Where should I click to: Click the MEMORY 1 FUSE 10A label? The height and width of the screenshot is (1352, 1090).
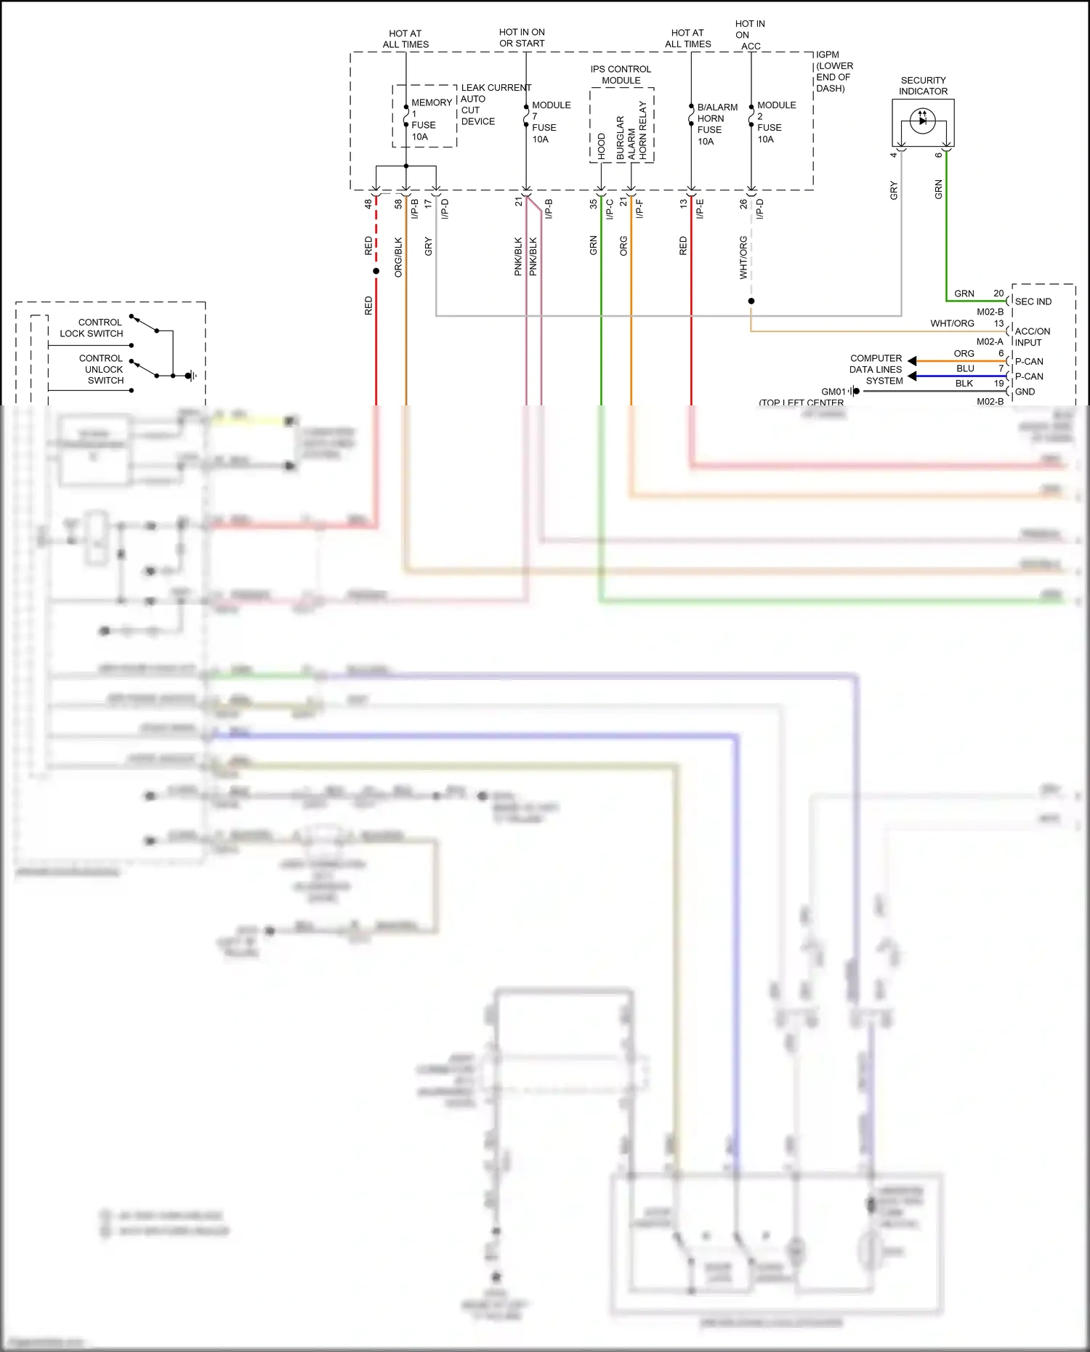pyautogui.click(x=429, y=120)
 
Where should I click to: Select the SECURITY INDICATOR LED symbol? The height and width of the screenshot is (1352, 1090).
pyautogui.click(x=922, y=121)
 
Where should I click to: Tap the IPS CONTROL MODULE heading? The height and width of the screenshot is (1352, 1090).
pyautogui.click(x=621, y=75)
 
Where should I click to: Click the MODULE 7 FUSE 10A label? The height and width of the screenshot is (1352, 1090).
pyautogui.click(x=550, y=122)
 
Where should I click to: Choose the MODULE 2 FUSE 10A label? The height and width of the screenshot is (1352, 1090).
pyautogui.click(x=775, y=122)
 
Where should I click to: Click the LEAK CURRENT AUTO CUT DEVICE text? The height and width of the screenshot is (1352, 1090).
pyautogui.click(x=494, y=105)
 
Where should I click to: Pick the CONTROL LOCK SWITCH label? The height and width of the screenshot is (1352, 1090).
pyautogui.click(x=92, y=328)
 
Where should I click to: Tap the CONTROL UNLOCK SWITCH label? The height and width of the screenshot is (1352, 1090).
pyautogui.click(x=102, y=369)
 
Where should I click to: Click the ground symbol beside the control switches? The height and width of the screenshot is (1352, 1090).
pyautogui.click(x=190, y=376)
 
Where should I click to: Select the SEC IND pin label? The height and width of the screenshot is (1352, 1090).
pyautogui.click(x=1033, y=301)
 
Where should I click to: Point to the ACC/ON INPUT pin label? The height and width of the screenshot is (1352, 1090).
pyautogui.click(x=1031, y=336)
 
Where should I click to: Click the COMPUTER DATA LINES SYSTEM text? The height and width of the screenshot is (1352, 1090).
pyautogui.click(x=876, y=369)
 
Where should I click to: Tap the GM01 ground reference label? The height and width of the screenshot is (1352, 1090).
pyautogui.click(x=833, y=392)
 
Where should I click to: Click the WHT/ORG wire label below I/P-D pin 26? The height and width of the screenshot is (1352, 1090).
pyautogui.click(x=743, y=257)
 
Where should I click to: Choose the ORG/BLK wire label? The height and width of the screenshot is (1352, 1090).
pyautogui.click(x=398, y=256)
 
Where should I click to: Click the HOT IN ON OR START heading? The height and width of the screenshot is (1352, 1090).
pyautogui.click(x=522, y=38)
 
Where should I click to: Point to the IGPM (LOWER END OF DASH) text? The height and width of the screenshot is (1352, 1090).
pyautogui.click(x=833, y=71)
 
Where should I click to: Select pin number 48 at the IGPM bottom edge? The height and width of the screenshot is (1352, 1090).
pyautogui.click(x=368, y=204)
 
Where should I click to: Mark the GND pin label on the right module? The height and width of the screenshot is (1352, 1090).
pyautogui.click(x=1025, y=392)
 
